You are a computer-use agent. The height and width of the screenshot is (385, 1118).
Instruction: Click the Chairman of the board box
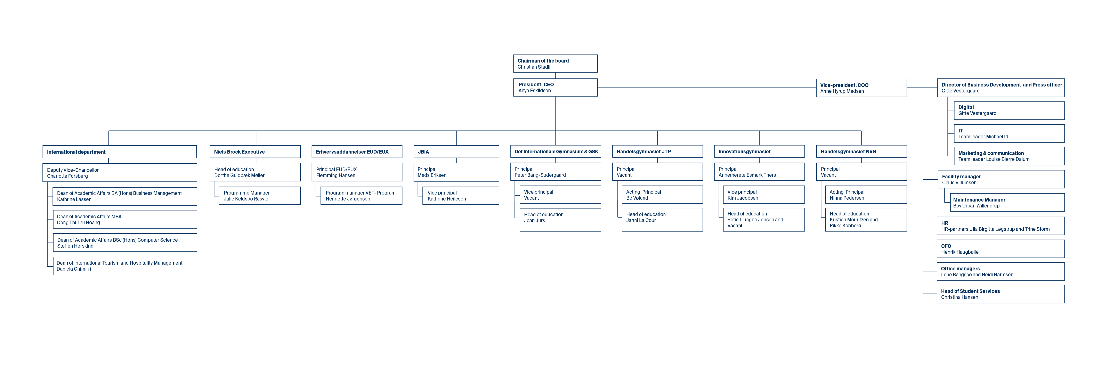555,63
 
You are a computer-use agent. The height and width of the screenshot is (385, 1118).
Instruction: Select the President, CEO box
555,87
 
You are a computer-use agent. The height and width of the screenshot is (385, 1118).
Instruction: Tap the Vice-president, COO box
861,88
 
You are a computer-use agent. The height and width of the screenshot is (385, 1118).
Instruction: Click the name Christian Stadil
534,67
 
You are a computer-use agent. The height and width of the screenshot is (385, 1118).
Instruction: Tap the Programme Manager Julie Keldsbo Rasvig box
260,195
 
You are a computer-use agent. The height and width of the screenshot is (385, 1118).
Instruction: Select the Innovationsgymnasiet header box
759,151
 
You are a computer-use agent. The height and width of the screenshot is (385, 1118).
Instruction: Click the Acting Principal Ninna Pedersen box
866,195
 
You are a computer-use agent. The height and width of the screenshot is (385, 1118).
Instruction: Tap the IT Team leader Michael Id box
1009,133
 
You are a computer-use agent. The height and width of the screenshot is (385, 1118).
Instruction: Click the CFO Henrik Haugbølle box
1000,249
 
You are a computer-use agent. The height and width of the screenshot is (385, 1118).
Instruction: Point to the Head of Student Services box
1000,294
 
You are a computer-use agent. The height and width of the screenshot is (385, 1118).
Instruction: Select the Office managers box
1000,271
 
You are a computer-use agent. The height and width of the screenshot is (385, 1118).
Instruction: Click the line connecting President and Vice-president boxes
707,88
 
